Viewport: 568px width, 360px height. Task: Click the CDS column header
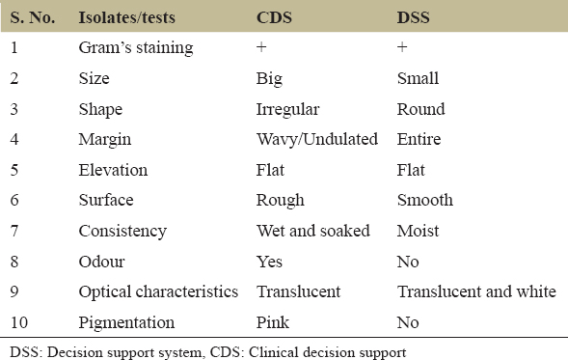pos(274,17)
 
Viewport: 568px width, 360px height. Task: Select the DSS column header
pos(413,17)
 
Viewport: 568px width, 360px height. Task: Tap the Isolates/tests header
pos(126,17)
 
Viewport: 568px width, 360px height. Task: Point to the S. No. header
pos(33,17)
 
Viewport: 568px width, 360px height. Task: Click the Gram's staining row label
pos(136,48)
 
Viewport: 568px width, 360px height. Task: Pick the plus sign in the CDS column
pos(261,46)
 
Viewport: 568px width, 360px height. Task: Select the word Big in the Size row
pos(269,79)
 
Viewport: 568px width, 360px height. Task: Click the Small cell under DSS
pos(418,78)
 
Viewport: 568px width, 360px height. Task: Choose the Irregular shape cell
pos(287,109)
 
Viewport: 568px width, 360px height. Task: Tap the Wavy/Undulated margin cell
pos(317,140)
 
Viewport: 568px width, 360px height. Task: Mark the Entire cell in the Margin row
pos(419,139)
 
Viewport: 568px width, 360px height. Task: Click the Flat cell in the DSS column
pos(411,170)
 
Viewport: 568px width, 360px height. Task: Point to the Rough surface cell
pos(280,201)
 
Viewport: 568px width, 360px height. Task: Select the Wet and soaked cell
pos(313,231)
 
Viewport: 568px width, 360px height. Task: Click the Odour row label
pos(102,262)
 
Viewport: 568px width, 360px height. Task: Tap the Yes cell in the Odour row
pos(269,262)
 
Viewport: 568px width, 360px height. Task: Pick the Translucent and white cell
pos(476,291)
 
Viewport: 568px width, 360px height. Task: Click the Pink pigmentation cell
pos(272,322)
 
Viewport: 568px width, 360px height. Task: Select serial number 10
pos(19,322)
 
